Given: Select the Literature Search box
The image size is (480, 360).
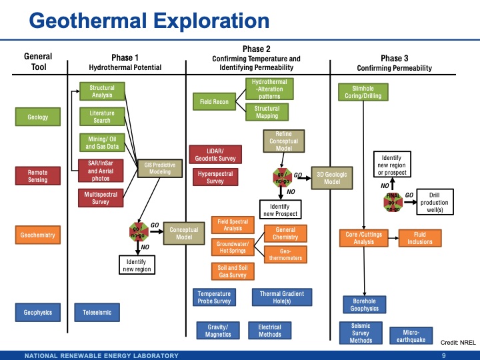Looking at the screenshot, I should click(102, 117).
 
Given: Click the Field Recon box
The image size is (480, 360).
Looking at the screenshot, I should click(215, 103).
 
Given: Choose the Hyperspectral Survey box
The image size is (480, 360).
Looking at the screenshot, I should click(215, 177).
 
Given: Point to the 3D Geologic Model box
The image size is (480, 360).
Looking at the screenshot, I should click(332, 178).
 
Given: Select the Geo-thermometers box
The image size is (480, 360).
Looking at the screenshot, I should click(285, 254).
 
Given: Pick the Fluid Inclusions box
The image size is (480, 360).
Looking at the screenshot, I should click(420, 238).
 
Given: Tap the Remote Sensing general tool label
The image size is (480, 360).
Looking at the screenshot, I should click(38, 176).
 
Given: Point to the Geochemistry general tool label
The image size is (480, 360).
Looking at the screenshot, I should click(38, 235).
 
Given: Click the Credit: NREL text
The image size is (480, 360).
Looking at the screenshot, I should click(459, 342).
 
